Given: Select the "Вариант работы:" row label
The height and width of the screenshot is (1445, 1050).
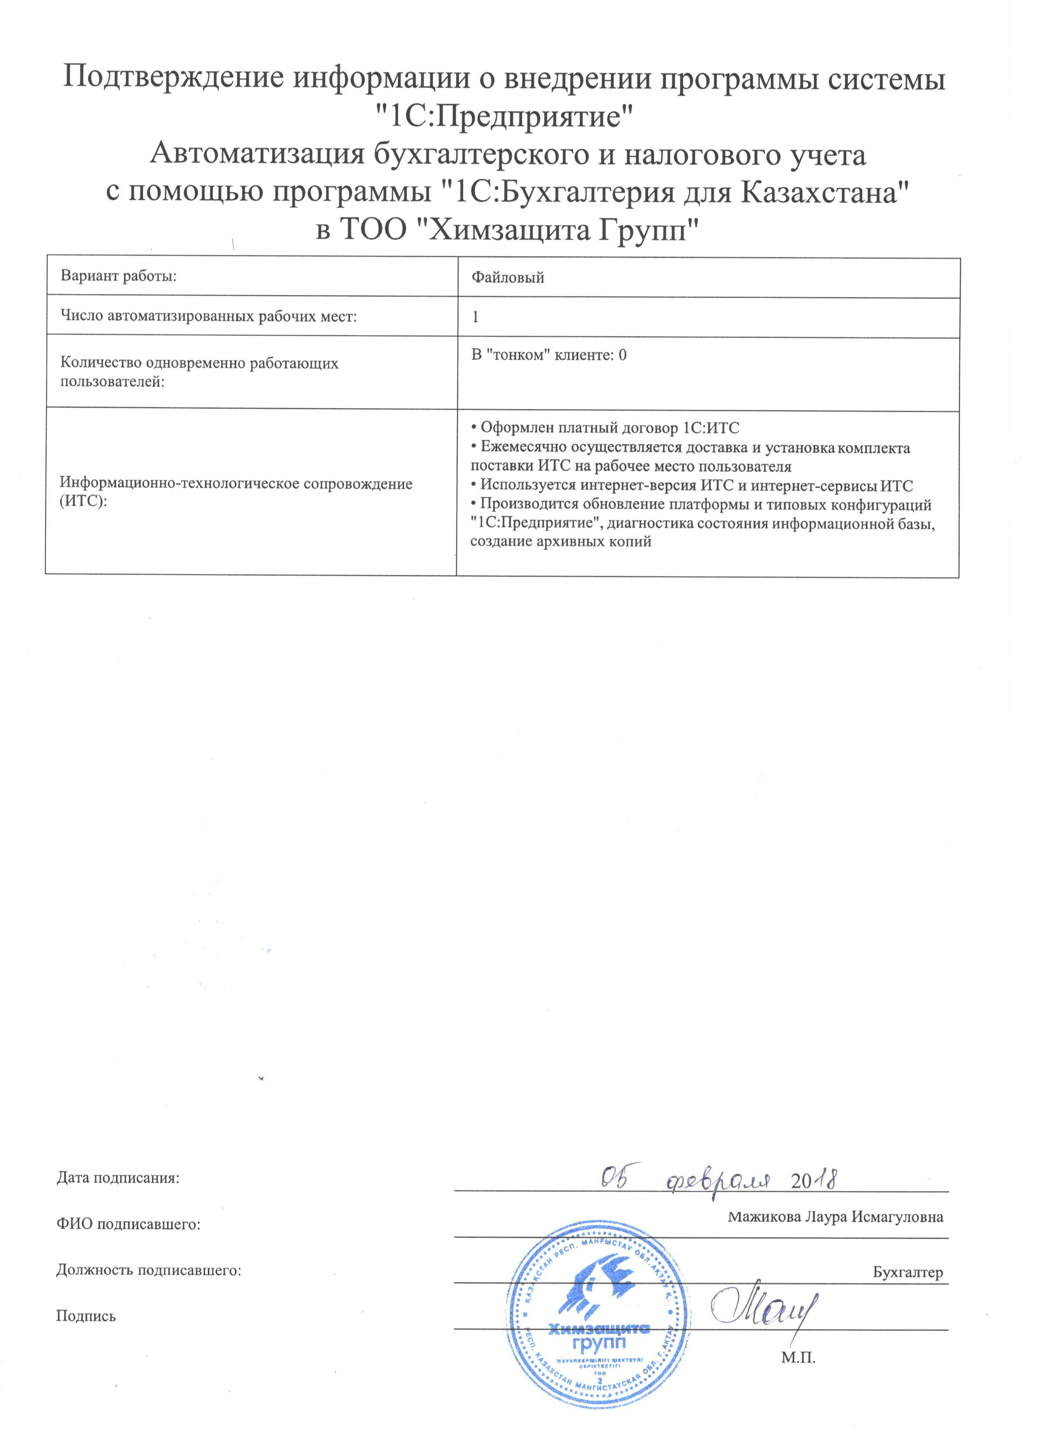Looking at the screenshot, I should pyautogui.click(x=119, y=276).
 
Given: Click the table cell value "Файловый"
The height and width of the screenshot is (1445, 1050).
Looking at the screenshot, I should pyautogui.click(x=507, y=278).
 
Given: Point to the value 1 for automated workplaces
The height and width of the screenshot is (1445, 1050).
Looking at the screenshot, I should pyautogui.click(x=476, y=317).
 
